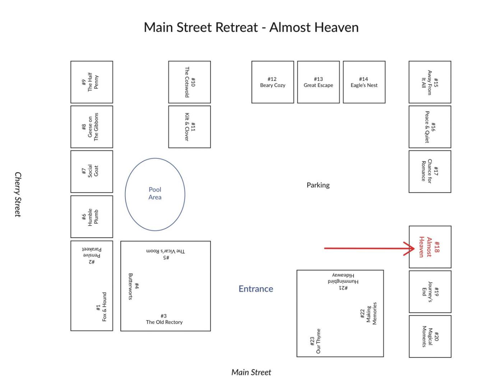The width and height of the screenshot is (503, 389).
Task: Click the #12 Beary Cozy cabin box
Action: coord(273,82)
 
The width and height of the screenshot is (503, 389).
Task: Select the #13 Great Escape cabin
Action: coord(318,82)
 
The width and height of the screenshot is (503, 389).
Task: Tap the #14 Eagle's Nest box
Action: coord(364,82)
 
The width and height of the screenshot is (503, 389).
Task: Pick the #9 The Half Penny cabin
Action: coord(92,82)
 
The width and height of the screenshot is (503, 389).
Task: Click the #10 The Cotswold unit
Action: coord(189,82)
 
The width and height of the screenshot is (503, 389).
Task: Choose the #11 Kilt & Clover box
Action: coord(189,127)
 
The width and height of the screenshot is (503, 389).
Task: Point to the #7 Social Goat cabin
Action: coord(92,171)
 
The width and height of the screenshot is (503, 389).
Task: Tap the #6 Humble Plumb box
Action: coord(92,216)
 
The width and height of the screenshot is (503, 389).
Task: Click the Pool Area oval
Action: coord(155,194)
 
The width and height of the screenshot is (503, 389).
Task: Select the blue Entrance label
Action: coord(256,289)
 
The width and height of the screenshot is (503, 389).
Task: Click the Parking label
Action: coord(318,185)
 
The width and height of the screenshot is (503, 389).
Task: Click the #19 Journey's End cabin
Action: coord(430,292)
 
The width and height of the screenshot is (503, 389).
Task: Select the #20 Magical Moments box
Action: coord(430,337)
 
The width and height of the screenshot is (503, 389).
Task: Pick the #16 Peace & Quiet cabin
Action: coord(430,127)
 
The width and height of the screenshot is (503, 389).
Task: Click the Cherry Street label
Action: coord(18,194)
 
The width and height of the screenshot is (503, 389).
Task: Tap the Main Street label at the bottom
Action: coord(251,372)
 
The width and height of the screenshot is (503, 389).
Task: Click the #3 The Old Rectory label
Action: coord(164,319)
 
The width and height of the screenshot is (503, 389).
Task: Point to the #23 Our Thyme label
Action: coord(315,341)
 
